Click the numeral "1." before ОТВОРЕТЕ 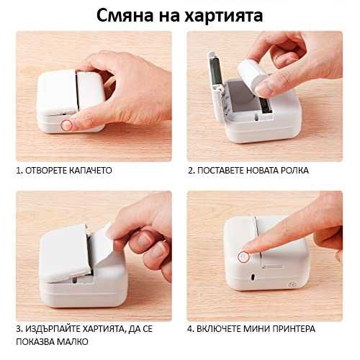[x=19, y=171]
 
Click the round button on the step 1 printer [x=67, y=125]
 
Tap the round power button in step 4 [x=245, y=255]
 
